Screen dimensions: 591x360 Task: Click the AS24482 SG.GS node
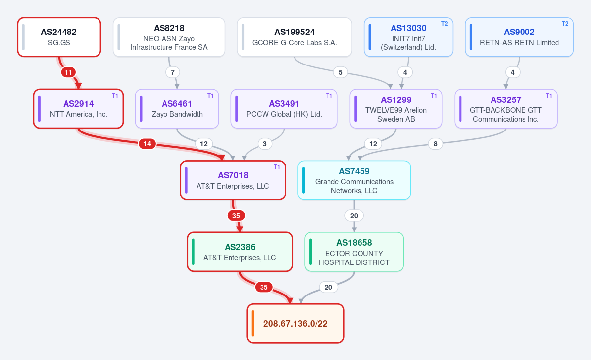pyautogui.click(x=59, y=37)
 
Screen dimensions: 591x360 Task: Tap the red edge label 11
pyautogui.click(x=68, y=72)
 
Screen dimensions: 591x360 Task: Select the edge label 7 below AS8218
pyautogui.click(x=173, y=72)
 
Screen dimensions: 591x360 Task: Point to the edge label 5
pyautogui.click(x=341, y=72)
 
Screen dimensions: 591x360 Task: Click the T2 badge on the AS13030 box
pyautogui.click(x=445, y=24)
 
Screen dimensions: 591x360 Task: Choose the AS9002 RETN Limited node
pyautogui.click(x=519, y=37)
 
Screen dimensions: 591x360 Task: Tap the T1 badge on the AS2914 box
pyautogui.click(x=115, y=96)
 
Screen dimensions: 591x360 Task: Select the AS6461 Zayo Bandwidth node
pyautogui.click(x=177, y=109)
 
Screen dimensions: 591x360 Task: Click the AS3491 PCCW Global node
pyautogui.click(x=284, y=109)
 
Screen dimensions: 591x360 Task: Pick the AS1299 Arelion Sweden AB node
pyautogui.click(x=396, y=109)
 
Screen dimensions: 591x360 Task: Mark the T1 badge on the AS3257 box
pyautogui.click(x=549, y=96)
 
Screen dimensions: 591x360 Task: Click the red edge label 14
pyautogui.click(x=147, y=144)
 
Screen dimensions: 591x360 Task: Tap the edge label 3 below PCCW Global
pyautogui.click(x=264, y=144)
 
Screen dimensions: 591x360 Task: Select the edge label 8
pyautogui.click(x=435, y=144)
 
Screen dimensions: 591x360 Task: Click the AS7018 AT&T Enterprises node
pyautogui.click(x=233, y=180)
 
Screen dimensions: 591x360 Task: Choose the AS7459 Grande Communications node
pyautogui.click(x=354, y=180)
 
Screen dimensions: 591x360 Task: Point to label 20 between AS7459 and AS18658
pyautogui.click(x=354, y=216)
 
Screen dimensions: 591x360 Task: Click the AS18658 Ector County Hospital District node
pyautogui.click(x=354, y=252)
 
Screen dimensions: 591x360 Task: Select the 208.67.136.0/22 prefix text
pyautogui.click(x=295, y=324)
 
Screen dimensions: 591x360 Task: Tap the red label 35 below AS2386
pyautogui.click(x=264, y=287)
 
